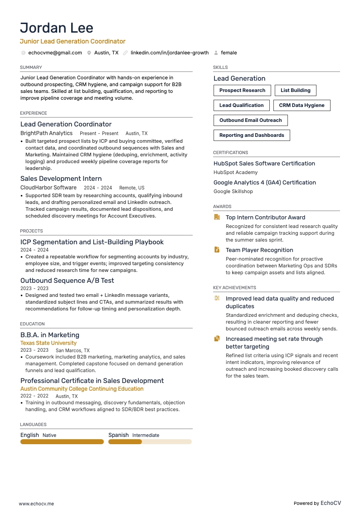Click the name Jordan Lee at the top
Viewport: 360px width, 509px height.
click(57, 28)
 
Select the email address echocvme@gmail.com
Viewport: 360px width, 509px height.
click(55, 53)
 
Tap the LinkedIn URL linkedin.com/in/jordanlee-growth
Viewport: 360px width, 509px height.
click(170, 53)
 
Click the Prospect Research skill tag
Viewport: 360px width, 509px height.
click(242, 90)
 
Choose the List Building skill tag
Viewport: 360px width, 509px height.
click(295, 90)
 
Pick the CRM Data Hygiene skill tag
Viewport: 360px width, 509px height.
click(302, 105)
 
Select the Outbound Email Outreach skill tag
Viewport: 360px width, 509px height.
click(250, 120)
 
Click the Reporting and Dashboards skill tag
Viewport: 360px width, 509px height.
click(252, 135)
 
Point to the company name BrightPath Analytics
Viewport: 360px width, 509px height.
click(46, 133)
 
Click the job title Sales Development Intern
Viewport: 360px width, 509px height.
click(61, 179)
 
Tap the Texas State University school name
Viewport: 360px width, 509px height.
click(49, 343)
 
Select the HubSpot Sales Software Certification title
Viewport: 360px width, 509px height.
click(264, 163)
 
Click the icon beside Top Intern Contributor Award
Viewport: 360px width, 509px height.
click(217, 217)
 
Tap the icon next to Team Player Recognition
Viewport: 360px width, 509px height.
click(217, 250)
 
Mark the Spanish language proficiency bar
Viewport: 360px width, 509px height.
click(150, 441)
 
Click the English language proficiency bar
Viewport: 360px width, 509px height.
click(62, 441)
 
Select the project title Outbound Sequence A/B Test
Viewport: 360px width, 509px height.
click(67, 281)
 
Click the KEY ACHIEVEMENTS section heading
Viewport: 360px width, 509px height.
click(234, 287)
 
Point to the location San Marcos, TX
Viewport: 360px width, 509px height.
click(73, 350)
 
